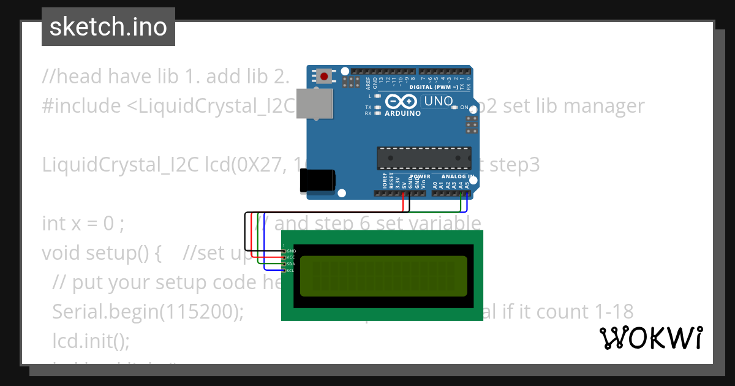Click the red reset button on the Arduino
coord(323,77)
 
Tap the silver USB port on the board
coord(315,103)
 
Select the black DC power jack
coord(317,181)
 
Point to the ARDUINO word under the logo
coord(402,113)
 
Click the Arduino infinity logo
coord(402,102)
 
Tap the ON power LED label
coord(464,107)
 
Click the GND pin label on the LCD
coord(291,251)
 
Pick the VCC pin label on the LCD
coord(291,257)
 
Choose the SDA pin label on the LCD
coord(291,263)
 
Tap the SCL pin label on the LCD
coord(291,270)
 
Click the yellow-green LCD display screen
coord(383,275)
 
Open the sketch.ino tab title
coord(108,27)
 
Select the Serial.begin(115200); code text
coord(148,312)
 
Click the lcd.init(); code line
coord(91,341)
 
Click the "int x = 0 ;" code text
coord(83,224)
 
